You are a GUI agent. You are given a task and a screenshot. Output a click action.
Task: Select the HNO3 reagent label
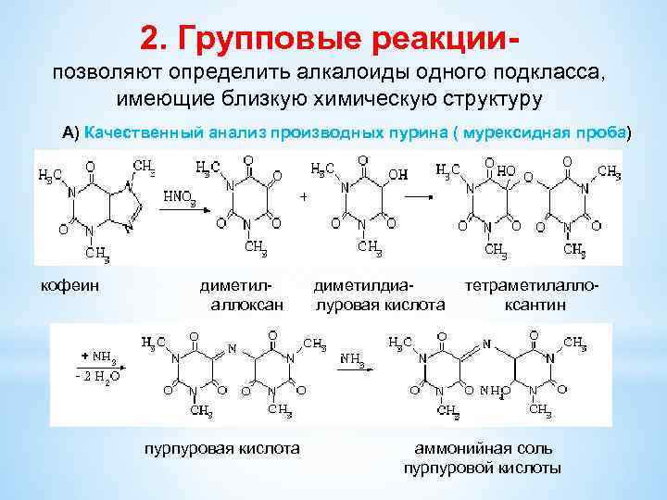tap(180, 198)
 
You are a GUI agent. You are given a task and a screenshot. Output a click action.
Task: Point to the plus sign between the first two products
tap(303, 197)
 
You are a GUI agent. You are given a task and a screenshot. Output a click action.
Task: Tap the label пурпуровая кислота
tap(220, 448)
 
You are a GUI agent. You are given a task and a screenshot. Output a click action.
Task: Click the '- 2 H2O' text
tap(97, 377)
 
